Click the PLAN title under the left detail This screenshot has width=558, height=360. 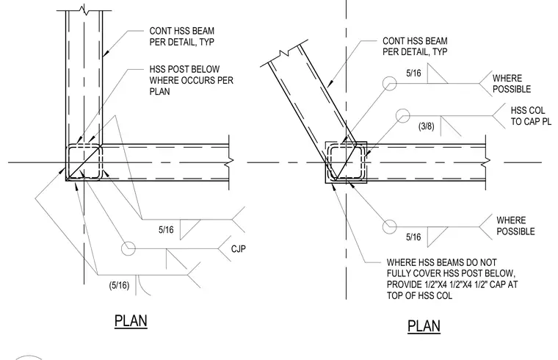pos(131,321)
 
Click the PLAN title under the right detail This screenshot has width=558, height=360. pos(424,326)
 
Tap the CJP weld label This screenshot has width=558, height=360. pos(239,248)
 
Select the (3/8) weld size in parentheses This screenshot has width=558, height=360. pos(427,126)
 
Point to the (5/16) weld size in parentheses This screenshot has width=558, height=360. pos(119,285)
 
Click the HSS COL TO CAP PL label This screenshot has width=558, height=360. pos(531,116)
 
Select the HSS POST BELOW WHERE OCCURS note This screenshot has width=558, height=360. pos(191,80)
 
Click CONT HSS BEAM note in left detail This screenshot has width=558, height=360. pos(182,36)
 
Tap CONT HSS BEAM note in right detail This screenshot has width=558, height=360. pos(415,46)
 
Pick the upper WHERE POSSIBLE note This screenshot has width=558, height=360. pos(512,84)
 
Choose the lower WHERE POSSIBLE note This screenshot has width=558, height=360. pos(515,226)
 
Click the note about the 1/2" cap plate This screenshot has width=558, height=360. pos(452,279)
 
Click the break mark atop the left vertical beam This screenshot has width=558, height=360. pos(84,8)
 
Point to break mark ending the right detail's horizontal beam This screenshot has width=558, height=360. pos(486,162)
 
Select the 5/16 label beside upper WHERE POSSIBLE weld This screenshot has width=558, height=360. pos(413,73)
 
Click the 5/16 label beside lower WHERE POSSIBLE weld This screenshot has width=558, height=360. pos(413,237)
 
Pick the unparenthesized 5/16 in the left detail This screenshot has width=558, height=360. pos(166,230)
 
